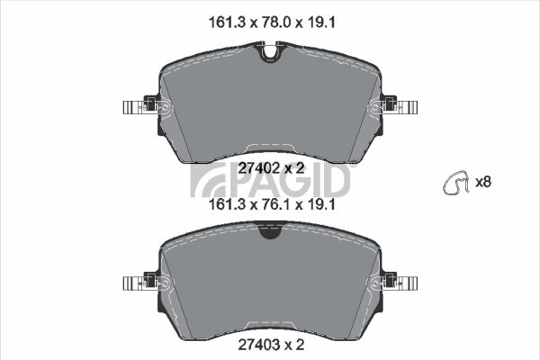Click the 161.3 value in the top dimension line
227,22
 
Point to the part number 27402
258,168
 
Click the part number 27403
258,345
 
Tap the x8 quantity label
482,182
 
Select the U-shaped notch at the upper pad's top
270,52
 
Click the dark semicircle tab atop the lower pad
270,231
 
